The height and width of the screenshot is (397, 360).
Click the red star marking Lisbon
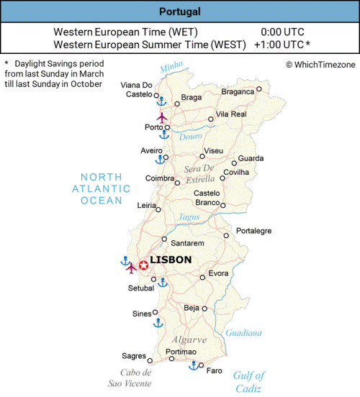tap(143, 265)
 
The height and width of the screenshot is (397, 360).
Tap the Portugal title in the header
tap(180, 12)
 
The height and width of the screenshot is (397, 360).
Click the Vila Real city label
tap(231, 114)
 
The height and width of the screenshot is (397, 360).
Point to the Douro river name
tap(191, 136)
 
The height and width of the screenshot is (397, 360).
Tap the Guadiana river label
tap(243, 333)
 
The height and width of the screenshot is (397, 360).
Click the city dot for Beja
tap(204, 309)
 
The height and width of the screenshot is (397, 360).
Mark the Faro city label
tap(215, 370)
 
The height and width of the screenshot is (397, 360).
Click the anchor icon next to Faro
tap(193, 366)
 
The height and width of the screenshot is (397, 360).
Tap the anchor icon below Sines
tap(158, 323)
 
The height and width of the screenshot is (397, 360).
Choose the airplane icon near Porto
tap(161, 117)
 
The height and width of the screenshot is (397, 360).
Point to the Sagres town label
tap(134, 356)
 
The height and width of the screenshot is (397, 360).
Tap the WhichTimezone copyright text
tap(319, 64)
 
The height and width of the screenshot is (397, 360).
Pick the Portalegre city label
tap(253, 231)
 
